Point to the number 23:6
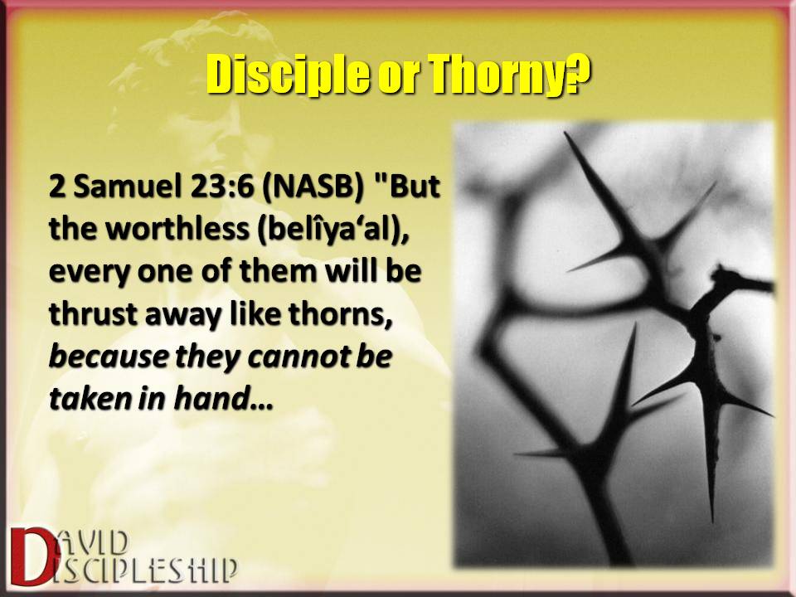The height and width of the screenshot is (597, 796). tap(222, 187)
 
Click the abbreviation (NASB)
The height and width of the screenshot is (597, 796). tap(313, 187)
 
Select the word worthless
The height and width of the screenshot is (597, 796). tap(177, 229)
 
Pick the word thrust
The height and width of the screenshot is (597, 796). tap(93, 313)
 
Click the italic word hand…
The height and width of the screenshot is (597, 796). tap(223, 398)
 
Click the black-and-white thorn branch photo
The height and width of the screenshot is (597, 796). tap(614, 343)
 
